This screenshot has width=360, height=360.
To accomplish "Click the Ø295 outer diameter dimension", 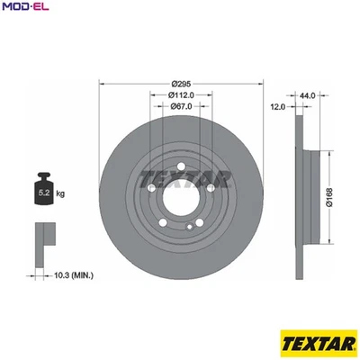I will click(x=180, y=83).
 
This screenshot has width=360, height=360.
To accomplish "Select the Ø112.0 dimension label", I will click(x=180, y=94).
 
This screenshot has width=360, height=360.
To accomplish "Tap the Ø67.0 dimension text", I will click(x=180, y=106).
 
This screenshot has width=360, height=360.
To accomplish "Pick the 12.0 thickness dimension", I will click(x=278, y=106).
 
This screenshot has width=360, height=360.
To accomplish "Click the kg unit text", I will click(x=61, y=192).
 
